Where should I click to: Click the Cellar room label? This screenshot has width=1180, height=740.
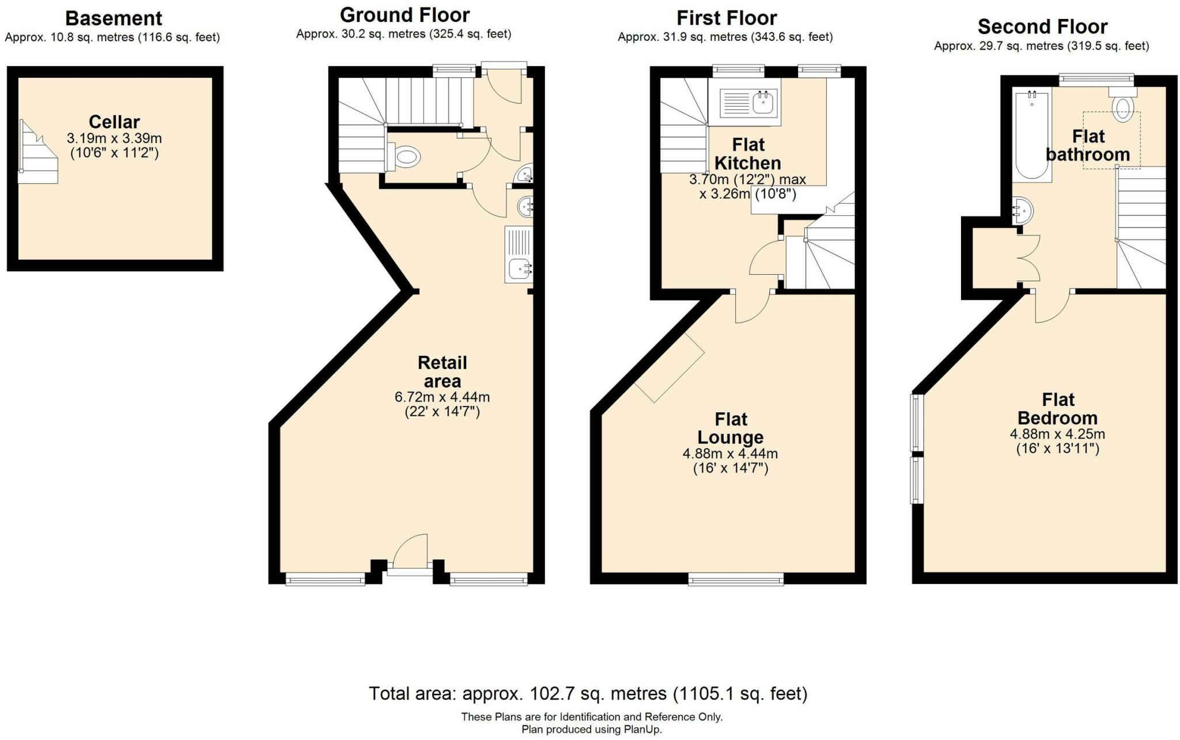pyautogui.click(x=114, y=122)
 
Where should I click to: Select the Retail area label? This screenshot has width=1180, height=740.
pyautogui.click(x=442, y=372)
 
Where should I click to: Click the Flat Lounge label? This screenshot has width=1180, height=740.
pyautogui.click(x=731, y=428)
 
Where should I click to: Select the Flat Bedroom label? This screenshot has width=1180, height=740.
pyautogui.click(x=1058, y=409)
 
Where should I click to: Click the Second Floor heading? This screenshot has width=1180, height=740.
pyautogui.click(x=1042, y=27)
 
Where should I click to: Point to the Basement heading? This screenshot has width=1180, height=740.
pyautogui.click(x=114, y=18)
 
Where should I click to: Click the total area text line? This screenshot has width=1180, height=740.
pyautogui.click(x=588, y=694)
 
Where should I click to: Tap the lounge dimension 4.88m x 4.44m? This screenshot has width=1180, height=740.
pyautogui.click(x=730, y=454)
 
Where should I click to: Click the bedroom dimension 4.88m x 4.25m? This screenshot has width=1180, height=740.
pyautogui.click(x=1057, y=434)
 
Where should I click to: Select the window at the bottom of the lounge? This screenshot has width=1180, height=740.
pyautogui.click(x=736, y=580)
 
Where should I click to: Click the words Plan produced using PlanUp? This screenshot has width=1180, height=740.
pyautogui.click(x=592, y=730)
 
